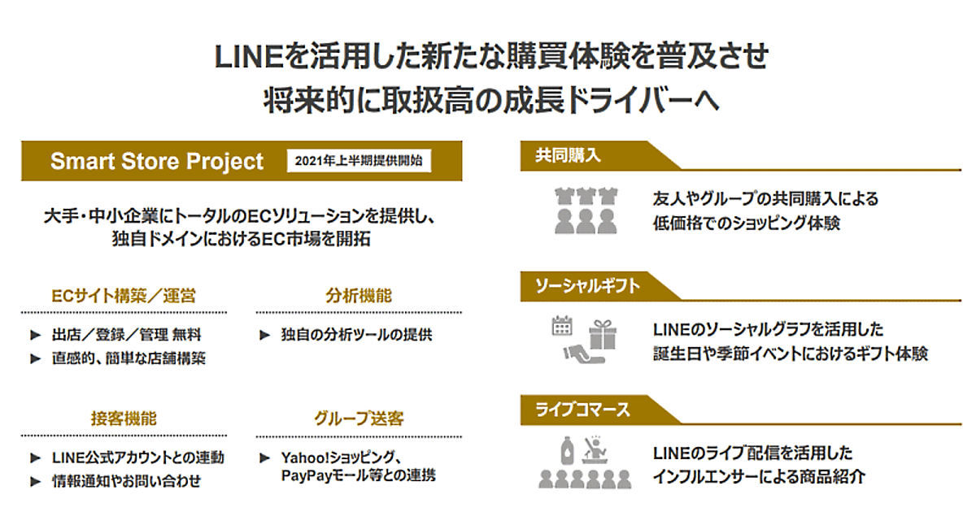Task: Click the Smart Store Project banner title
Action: (x=157, y=161)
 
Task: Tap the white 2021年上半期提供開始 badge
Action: (x=359, y=161)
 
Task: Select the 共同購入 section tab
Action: (x=569, y=155)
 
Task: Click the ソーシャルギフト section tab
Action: (x=587, y=286)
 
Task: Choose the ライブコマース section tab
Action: (x=582, y=410)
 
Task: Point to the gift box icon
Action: (x=603, y=334)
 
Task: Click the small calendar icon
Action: (x=562, y=326)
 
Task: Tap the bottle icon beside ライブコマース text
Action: (x=567, y=450)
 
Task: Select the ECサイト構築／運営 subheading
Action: (x=124, y=296)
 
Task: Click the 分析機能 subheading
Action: (x=359, y=296)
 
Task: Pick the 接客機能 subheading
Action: (x=124, y=419)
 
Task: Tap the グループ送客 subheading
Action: (x=359, y=419)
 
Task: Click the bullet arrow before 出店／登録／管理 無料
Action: (x=36, y=335)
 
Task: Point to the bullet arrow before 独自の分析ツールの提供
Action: (x=265, y=335)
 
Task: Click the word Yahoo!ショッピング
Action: (x=338, y=458)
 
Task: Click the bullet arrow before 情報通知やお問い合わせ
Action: (x=36, y=481)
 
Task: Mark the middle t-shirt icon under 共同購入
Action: (x=586, y=196)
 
